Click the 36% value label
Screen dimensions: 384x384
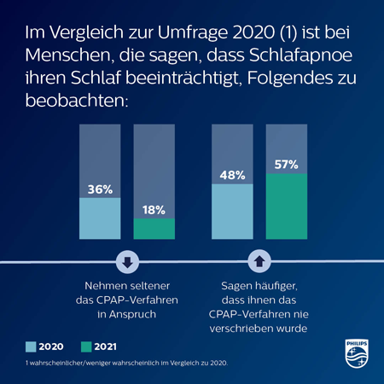pyautogui.click(x=101, y=189)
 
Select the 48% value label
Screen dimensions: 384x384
pyautogui.click(x=232, y=175)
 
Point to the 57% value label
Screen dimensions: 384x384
pyautogui.click(x=286, y=163)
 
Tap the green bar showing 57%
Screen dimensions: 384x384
pyautogui.click(x=286, y=209)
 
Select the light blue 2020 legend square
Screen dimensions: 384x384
pyautogui.click(x=31, y=347)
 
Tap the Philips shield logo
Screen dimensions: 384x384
pyautogui.click(x=356, y=352)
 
